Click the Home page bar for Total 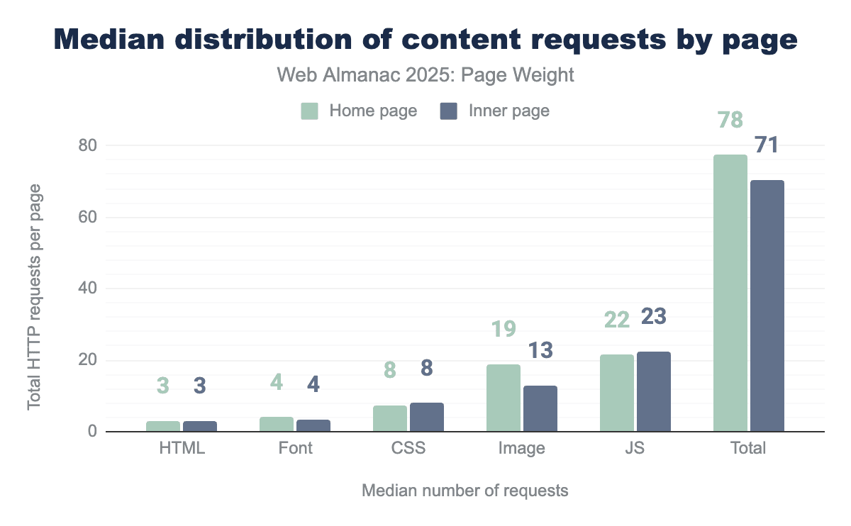tap(730, 293)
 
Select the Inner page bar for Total tap(767, 306)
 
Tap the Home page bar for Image tap(503, 398)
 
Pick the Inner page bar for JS tap(654, 391)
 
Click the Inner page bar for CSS tap(427, 417)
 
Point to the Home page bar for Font tap(276, 424)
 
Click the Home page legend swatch tap(309, 111)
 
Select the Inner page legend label tap(508, 111)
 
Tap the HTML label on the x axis tap(182, 449)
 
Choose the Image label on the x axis tap(522, 449)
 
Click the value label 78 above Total tap(730, 120)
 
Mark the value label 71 tap(767, 146)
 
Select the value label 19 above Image tap(503, 330)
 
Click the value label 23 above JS tap(654, 316)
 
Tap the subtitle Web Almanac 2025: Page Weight tap(425, 76)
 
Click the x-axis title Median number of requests tap(465, 491)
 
